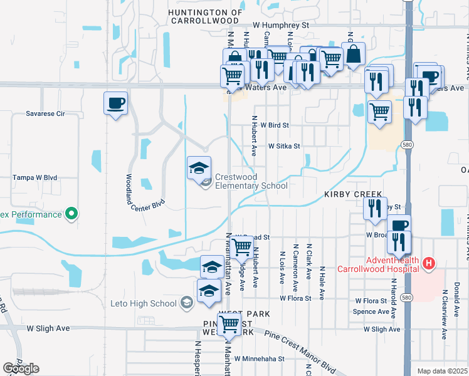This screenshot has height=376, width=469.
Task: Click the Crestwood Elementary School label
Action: click(x=251, y=181)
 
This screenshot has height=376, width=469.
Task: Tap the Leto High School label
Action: click(x=144, y=304)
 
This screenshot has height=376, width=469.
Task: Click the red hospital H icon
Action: click(x=429, y=263)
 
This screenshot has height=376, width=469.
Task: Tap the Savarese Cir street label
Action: click(x=46, y=114)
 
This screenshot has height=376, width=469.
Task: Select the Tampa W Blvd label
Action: click(x=35, y=178)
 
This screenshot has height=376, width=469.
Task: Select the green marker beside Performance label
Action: click(x=71, y=214)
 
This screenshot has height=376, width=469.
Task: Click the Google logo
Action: click(x=21, y=369)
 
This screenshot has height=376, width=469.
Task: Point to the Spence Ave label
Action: click(x=371, y=311)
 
